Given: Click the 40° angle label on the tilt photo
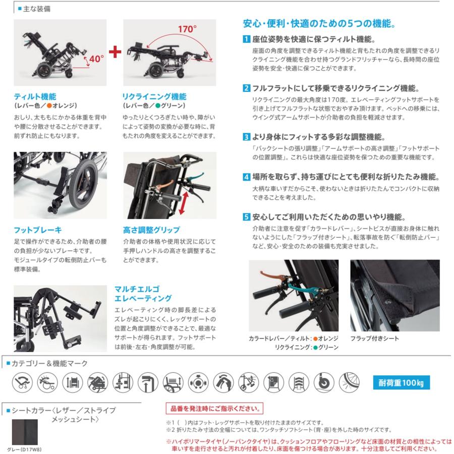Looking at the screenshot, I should click(x=96, y=59).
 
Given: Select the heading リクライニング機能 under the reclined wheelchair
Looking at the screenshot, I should click(x=150, y=96).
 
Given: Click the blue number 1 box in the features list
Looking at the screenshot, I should click(x=246, y=39).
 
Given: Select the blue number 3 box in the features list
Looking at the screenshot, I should click(x=246, y=137).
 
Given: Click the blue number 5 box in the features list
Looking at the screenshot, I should click(x=246, y=217).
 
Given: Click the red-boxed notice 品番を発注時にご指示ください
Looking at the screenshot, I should click(x=214, y=408).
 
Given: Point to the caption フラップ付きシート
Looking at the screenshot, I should click(x=375, y=338).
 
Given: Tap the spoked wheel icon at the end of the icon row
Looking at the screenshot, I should click(x=351, y=382).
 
